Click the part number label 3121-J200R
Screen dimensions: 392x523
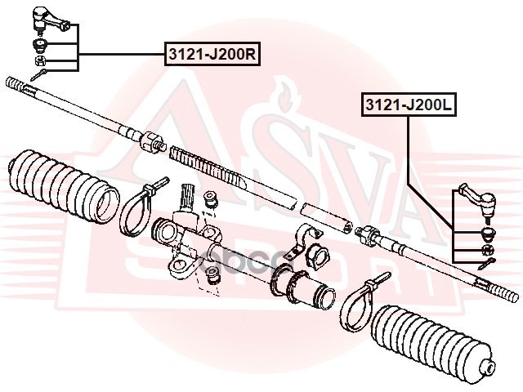click(212, 55)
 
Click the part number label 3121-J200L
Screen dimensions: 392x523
click(407, 105)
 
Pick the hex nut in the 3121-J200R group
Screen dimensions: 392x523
click(40, 60)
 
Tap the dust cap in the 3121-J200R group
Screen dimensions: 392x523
click(39, 43)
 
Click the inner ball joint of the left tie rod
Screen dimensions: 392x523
click(153, 143)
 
